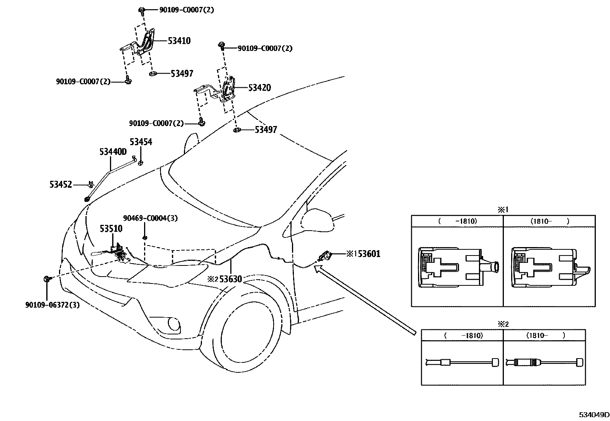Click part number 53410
pos(179,41)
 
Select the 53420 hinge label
pos(259,88)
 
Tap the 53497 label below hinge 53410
pos(182,74)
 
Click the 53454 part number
pos(141,142)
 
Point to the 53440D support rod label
pos(113,152)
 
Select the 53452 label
pos(61,185)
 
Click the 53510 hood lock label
pos(111,229)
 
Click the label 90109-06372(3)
pos(52,305)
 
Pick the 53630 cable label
pos(230,279)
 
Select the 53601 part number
pos(369,254)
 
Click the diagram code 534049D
pos(594,415)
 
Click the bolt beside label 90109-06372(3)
pos(47,279)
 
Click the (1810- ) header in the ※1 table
pos(549,221)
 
